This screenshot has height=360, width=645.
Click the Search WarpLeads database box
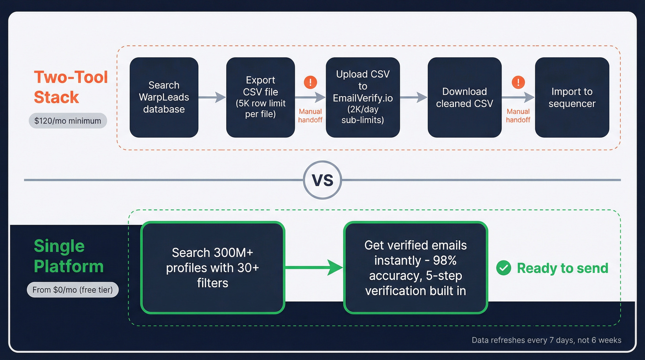[164, 97]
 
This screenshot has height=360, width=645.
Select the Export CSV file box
[260, 97]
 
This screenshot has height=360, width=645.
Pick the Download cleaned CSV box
[464, 97]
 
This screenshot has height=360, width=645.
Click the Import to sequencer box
[572, 97]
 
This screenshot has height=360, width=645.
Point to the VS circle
[322, 180]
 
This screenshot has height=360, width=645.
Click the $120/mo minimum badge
[68, 121]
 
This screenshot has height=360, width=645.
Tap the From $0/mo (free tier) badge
[72, 290]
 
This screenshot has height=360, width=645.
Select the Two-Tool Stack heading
[70, 87]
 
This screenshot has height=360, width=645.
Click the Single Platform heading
[68, 256]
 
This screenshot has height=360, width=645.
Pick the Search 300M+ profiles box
[212, 267]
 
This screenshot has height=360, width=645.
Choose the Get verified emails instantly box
[415, 267]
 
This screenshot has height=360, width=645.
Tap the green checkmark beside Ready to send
[504, 268]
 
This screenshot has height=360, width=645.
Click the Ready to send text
[563, 268]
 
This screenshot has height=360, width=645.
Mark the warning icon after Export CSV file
[311, 83]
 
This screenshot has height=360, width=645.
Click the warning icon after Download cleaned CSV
[518, 83]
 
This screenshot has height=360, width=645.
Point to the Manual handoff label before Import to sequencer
[518, 116]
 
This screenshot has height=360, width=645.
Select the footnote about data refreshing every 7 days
[546, 340]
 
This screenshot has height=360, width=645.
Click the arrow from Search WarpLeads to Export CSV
[212, 97]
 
